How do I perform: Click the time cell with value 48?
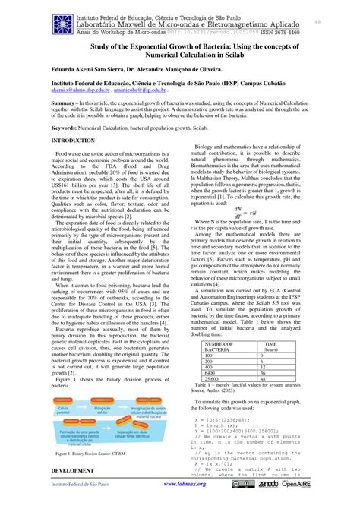(x=266, y=379)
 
